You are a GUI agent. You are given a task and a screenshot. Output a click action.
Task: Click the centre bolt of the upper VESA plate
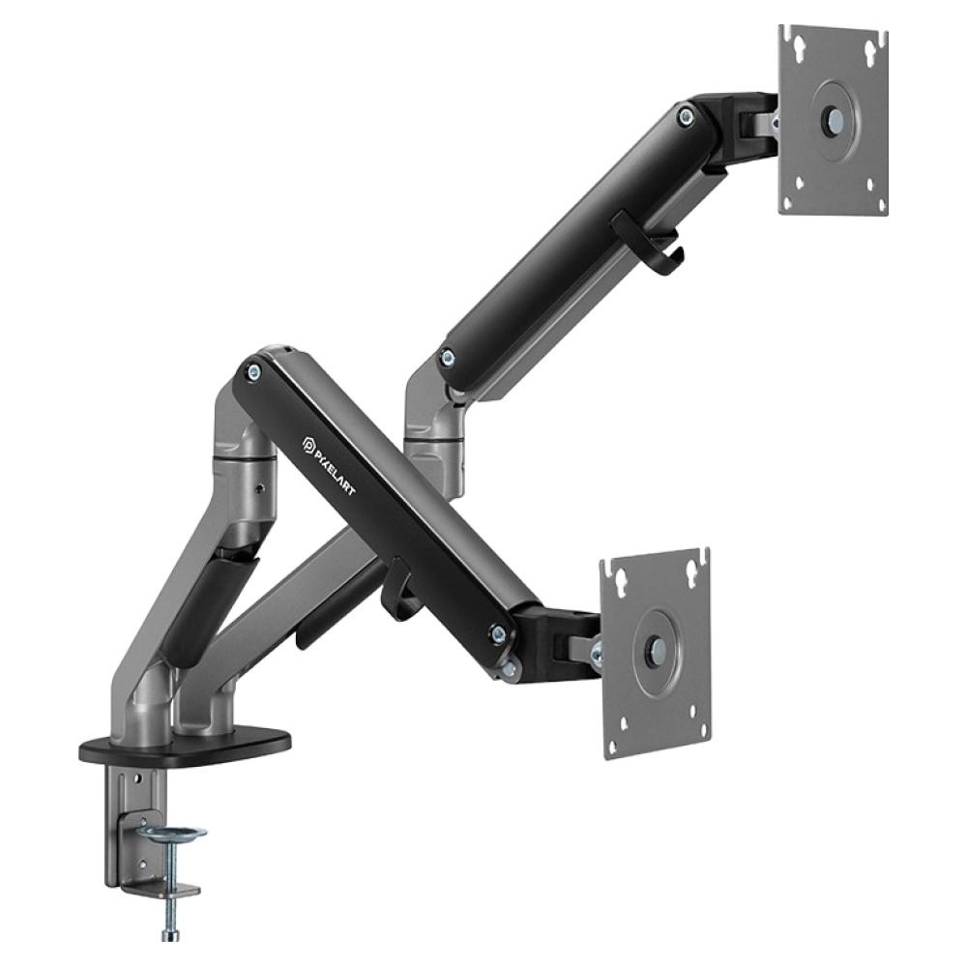pyautogui.click(x=835, y=118)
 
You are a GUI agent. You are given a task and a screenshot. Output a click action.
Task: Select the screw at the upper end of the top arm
pyautogui.click(x=685, y=115)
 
